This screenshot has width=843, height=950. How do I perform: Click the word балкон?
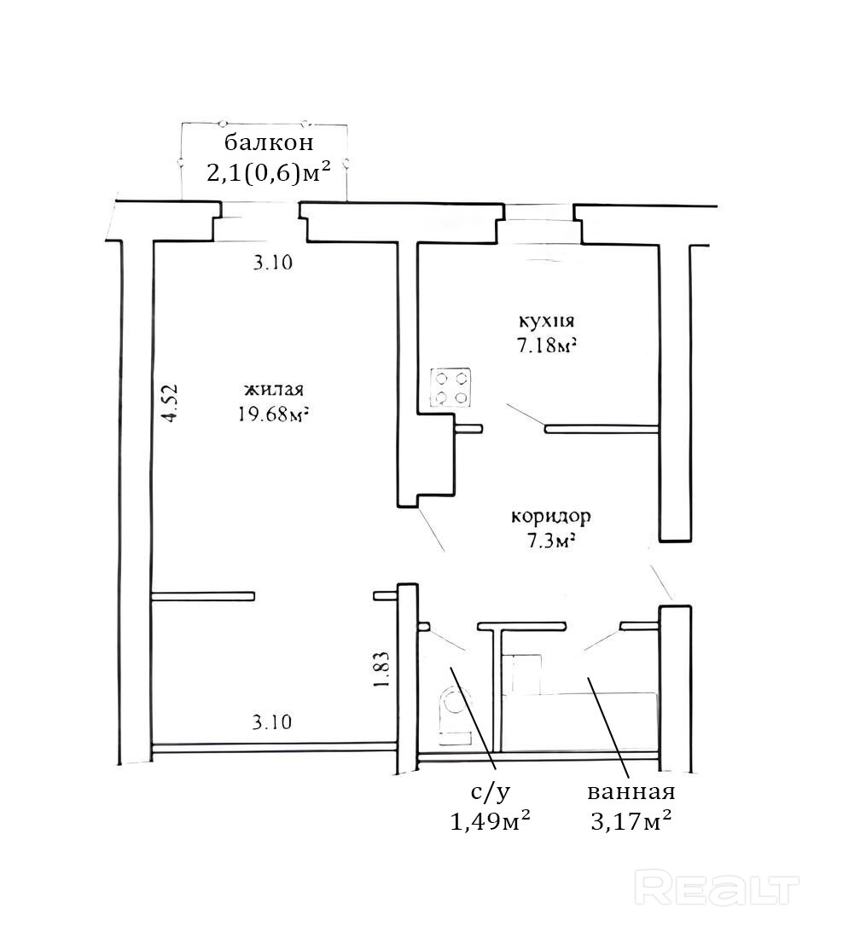(269, 143)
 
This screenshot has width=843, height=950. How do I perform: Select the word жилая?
(274, 389)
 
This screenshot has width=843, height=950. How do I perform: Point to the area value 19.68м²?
(271, 414)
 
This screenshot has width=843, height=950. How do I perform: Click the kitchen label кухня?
(545, 321)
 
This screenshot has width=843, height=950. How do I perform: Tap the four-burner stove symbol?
(451, 388)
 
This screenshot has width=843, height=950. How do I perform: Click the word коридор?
(551, 517)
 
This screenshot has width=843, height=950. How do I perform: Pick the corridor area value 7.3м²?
(550, 541)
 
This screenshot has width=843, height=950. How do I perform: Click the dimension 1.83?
(381, 669)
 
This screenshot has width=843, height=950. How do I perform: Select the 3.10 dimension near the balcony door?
(273, 263)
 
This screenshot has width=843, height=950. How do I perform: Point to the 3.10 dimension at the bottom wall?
(272, 721)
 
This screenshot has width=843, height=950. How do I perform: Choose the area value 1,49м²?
(490, 821)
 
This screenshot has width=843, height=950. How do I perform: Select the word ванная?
(631, 792)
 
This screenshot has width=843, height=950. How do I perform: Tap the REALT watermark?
(717, 889)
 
